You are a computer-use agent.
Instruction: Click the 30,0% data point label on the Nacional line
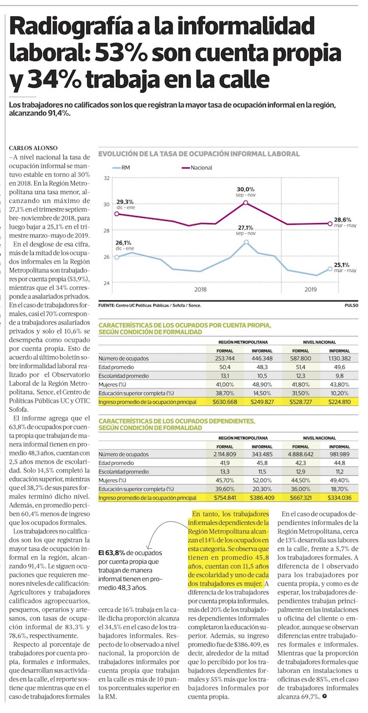[246, 189]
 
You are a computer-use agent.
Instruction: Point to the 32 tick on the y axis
[106, 178]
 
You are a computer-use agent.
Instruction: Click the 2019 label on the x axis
[310, 290]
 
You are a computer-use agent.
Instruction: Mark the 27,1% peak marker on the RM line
[246, 242]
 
